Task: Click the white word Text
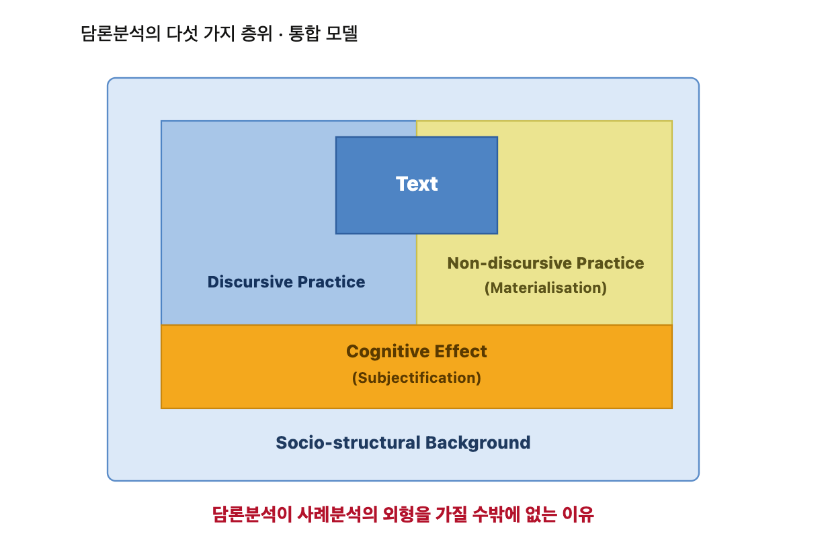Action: point(417,184)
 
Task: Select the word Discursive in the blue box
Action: point(250,282)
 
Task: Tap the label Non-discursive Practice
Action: point(545,263)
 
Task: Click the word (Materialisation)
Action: point(545,288)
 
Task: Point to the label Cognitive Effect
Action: point(416,352)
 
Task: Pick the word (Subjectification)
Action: point(416,378)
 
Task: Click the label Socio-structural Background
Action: point(403,443)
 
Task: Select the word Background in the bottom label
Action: point(478,443)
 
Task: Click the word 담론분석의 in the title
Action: point(120,34)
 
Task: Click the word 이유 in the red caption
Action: point(578,514)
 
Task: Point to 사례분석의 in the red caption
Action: point(337,514)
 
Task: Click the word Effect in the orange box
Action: point(460,352)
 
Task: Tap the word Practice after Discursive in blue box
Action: point(331,282)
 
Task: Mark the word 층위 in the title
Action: point(256,34)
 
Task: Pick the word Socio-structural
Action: point(348,443)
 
